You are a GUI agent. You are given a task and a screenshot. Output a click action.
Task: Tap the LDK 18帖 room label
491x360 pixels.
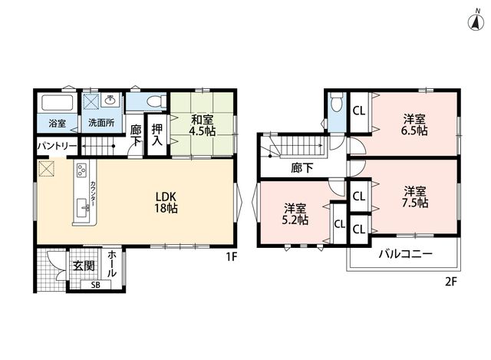click(x=166, y=203)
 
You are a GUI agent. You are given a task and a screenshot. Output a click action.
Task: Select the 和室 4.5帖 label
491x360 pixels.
click(x=202, y=125)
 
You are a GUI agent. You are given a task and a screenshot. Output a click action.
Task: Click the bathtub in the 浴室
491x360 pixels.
click(x=58, y=102)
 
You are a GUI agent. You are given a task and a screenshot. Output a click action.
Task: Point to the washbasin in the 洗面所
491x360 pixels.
click(x=110, y=100)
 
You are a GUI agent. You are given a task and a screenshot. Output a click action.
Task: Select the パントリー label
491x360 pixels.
click(x=57, y=147)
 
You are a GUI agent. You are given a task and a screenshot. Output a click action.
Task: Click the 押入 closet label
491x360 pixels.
click(x=157, y=135)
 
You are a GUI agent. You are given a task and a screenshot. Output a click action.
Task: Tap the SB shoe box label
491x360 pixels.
click(x=96, y=285)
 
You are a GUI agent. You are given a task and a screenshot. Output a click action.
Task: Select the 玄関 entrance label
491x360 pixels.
click(x=84, y=266)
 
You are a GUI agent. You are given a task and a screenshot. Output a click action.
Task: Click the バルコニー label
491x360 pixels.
click(x=406, y=253)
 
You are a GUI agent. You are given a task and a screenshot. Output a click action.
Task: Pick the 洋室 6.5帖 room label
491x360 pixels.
click(x=414, y=125)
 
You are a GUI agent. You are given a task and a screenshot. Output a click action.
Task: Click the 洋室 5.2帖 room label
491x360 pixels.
click(x=295, y=214)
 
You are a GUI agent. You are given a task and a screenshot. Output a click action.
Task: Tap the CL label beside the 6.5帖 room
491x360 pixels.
click(x=359, y=111)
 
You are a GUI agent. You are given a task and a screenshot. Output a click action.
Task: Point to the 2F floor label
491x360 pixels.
click(x=451, y=282)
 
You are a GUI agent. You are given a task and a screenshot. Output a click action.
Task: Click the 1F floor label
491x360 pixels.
click(x=232, y=257)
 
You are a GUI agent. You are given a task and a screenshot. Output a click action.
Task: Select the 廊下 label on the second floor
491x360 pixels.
click(x=302, y=168)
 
